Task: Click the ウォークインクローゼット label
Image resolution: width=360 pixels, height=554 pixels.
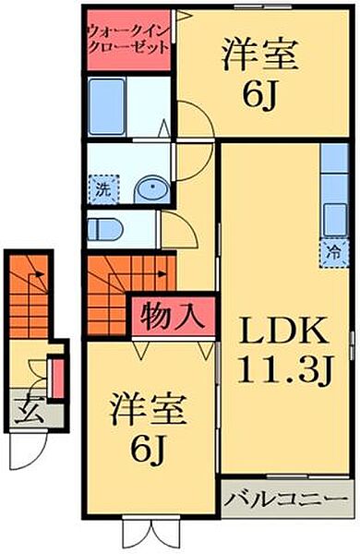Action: coord(127,40)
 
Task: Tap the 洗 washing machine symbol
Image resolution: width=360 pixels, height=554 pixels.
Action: coord(104,189)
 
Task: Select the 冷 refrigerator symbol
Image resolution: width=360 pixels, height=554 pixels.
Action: coord(333,253)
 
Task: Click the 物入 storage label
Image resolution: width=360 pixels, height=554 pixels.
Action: coord(173,315)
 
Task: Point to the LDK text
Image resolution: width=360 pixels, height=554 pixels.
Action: coord(283,331)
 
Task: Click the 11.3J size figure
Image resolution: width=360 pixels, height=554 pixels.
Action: coord(285,369)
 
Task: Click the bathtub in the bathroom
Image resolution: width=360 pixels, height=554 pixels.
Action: coord(107,106)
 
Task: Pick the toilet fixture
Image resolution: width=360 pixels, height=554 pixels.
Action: coord(104,229)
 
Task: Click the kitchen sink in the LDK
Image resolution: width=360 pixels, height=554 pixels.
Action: coord(334,220)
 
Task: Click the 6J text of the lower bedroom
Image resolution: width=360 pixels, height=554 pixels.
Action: coord(148,449)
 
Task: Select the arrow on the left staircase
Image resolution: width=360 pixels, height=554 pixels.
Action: coord(38,274)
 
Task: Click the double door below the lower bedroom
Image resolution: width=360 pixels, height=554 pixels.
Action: coord(152,535)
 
